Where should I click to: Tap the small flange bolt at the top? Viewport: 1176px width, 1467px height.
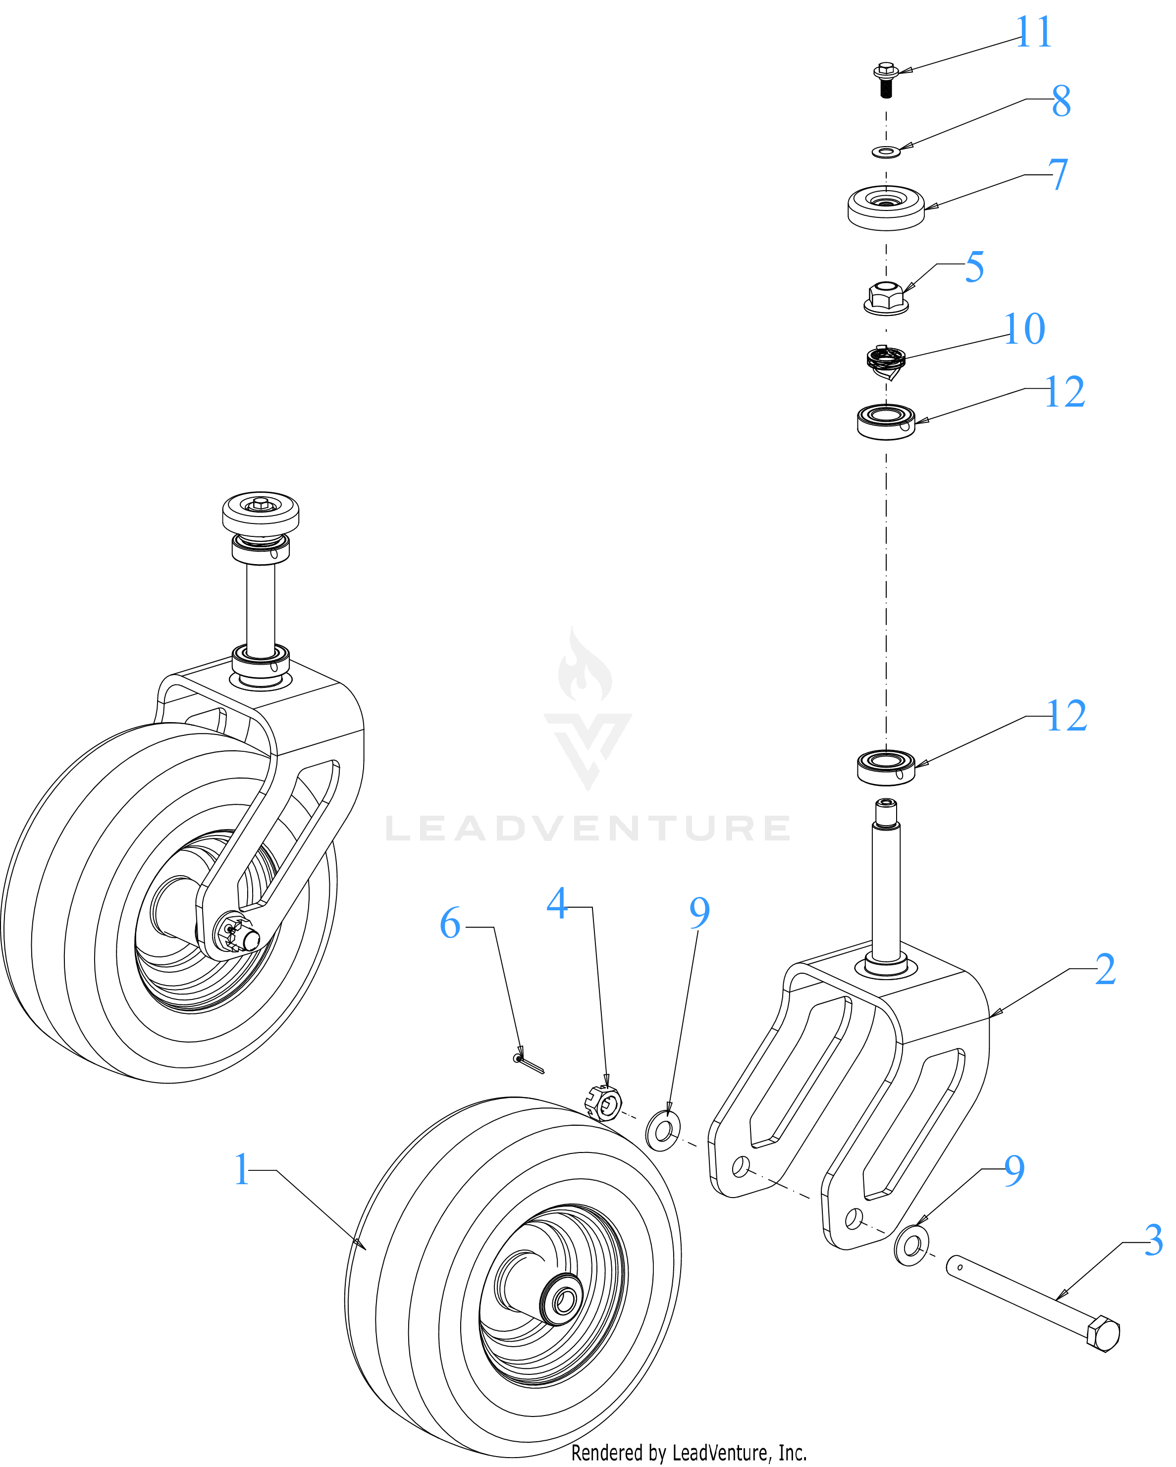[885, 80]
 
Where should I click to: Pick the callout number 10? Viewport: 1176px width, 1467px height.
[1024, 329]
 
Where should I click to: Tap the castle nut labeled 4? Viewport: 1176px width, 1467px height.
[603, 1103]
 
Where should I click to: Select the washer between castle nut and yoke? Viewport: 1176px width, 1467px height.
[663, 1130]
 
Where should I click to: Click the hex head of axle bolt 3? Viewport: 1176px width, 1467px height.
[1103, 1334]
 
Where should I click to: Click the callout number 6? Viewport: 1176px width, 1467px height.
[450, 923]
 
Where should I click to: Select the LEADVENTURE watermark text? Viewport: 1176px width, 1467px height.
[588, 828]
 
